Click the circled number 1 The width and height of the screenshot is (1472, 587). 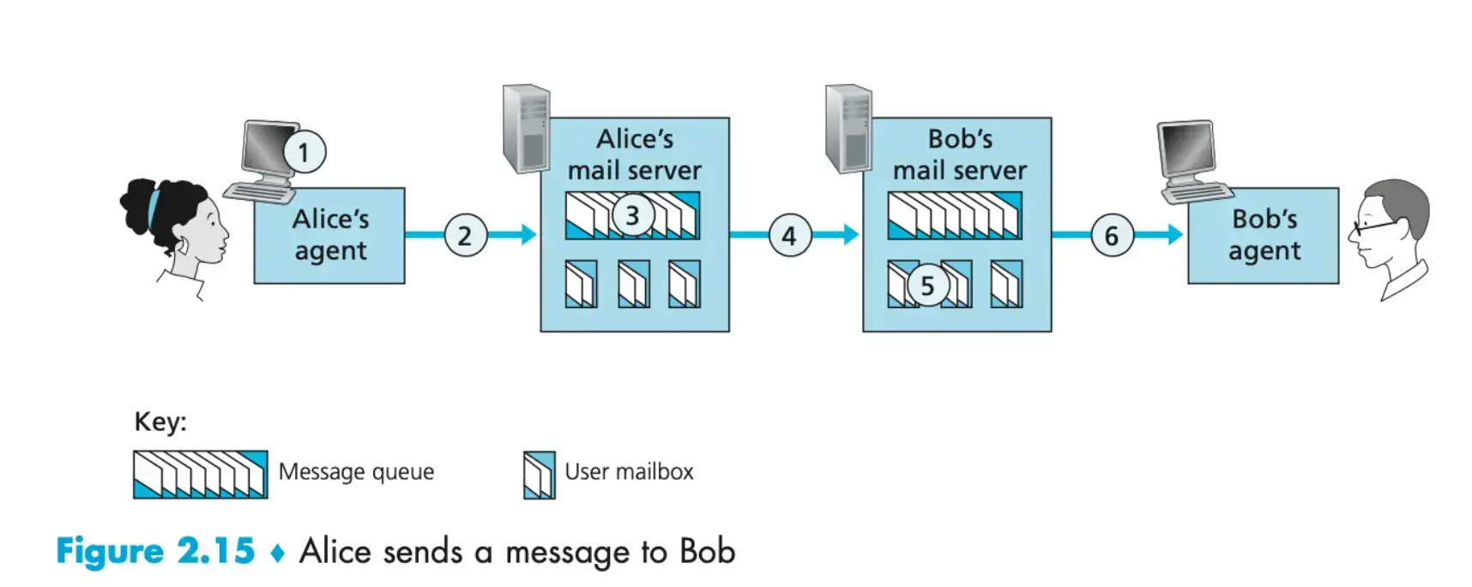point(304,152)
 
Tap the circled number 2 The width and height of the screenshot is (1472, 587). point(465,235)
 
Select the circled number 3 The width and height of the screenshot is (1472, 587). point(632,215)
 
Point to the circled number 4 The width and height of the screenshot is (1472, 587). point(789,235)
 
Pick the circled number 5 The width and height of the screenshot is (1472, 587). point(926,286)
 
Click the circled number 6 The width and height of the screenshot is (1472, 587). point(1112,235)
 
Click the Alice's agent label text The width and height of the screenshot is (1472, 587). point(330,235)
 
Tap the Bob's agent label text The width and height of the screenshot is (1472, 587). point(1264,235)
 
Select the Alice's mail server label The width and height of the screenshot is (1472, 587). point(635,154)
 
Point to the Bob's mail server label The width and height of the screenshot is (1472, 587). point(959,154)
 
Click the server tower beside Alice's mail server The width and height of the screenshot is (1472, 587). point(526,128)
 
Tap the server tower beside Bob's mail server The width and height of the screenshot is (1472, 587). point(848,128)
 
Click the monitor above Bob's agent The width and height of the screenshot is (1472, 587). point(1188,150)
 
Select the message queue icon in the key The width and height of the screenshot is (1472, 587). point(200,474)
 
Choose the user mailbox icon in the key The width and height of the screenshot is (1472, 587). point(540,475)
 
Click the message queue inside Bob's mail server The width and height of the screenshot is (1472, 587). point(954,215)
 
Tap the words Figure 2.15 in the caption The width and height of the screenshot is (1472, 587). point(155,551)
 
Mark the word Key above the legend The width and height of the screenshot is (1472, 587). point(160,421)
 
